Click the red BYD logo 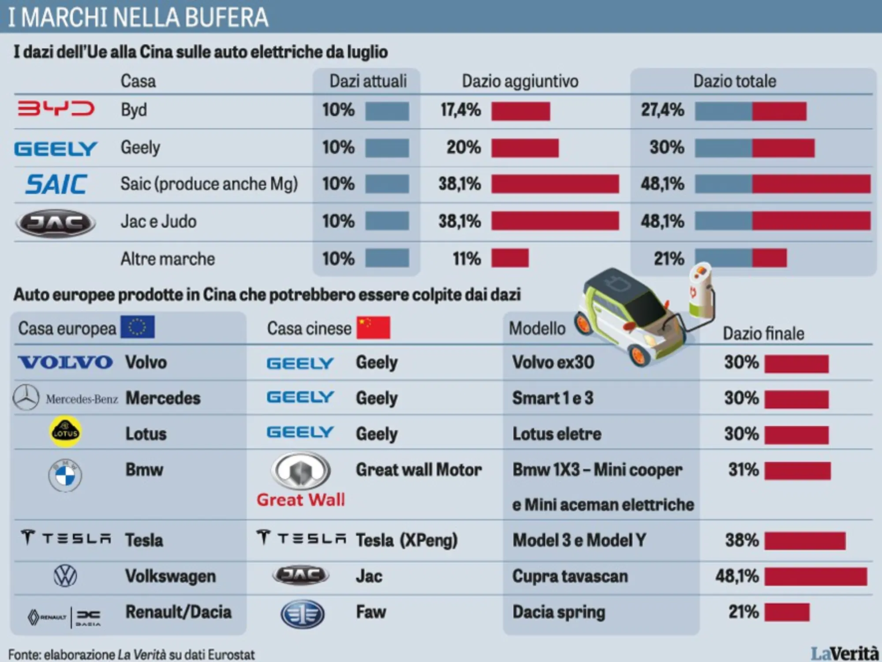click(x=56, y=108)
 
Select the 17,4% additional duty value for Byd click(x=460, y=110)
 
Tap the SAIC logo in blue click(x=56, y=184)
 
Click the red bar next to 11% click(x=510, y=258)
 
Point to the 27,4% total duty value click(x=662, y=110)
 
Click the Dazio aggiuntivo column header click(x=519, y=82)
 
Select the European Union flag click(x=138, y=327)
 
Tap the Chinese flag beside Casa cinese click(x=373, y=327)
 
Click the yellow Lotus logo click(x=65, y=432)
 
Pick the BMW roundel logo click(x=65, y=476)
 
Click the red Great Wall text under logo click(x=300, y=500)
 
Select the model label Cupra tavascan click(x=569, y=576)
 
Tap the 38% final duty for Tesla click(x=742, y=540)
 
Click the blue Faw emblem click(x=303, y=614)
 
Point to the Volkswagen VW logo click(x=65, y=576)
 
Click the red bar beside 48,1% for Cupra click(x=815, y=576)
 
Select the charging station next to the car click(x=701, y=291)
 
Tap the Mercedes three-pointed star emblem click(x=26, y=398)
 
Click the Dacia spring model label click(x=558, y=612)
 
